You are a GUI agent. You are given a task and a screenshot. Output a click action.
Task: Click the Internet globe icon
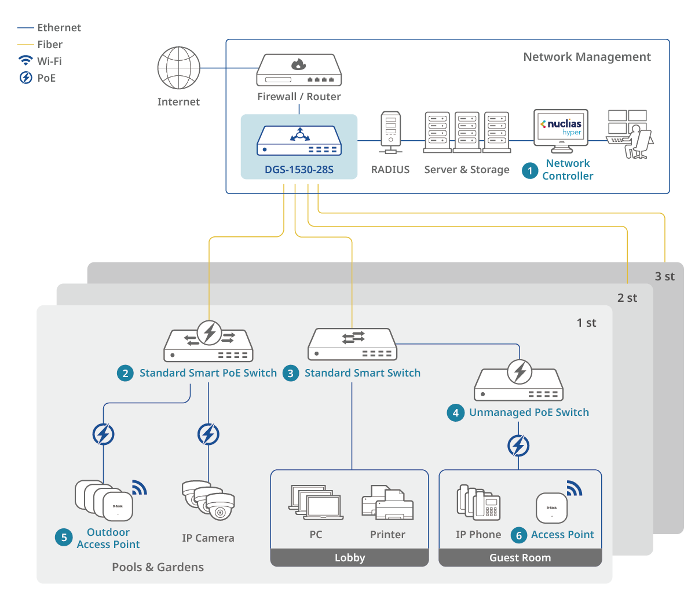[179, 68]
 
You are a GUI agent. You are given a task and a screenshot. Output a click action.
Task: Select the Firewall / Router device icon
[299, 70]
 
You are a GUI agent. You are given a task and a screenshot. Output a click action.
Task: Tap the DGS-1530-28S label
[299, 170]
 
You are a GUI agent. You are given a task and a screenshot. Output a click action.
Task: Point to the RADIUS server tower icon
[390, 133]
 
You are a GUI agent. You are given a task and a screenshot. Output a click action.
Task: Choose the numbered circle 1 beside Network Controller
[529, 170]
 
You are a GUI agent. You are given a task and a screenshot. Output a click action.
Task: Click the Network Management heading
[587, 57]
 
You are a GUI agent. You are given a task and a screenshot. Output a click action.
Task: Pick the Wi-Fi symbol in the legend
[25, 61]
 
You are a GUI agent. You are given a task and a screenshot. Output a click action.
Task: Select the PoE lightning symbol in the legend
[25, 78]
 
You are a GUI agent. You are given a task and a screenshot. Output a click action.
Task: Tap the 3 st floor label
[664, 276]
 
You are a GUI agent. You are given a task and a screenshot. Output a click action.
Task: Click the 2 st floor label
[627, 298]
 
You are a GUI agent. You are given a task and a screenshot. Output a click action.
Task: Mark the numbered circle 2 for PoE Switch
[125, 373]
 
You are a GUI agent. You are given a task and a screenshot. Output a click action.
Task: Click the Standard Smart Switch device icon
[352, 345]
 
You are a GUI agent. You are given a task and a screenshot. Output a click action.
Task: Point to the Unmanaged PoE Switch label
[529, 412]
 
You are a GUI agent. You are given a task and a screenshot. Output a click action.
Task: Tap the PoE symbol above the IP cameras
[209, 434]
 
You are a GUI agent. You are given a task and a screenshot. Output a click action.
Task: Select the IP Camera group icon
[209, 500]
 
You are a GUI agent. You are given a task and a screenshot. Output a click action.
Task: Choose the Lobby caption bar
[350, 557]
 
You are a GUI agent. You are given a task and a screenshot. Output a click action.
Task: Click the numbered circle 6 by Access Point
[519, 535]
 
